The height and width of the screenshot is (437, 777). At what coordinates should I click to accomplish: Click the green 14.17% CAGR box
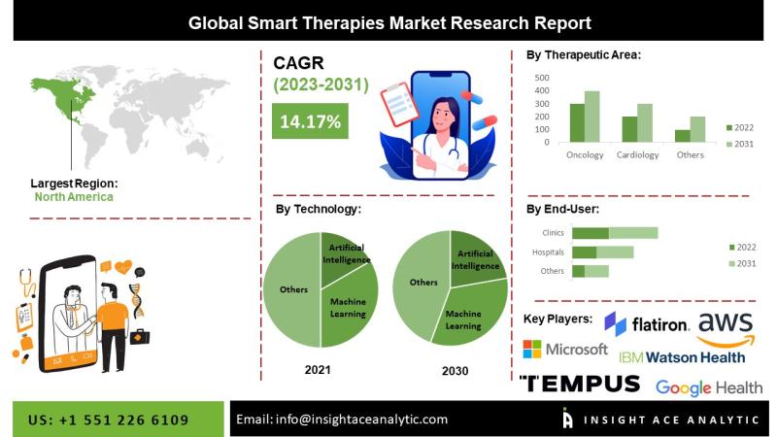tap(310, 121)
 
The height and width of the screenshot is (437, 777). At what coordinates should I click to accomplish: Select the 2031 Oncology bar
tap(591, 117)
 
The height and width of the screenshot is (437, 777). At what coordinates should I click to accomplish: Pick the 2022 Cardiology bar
tap(629, 129)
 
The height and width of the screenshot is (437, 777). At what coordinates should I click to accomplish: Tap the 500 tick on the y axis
tap(542, 78)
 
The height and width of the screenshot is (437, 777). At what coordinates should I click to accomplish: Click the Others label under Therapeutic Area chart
tap(690, 154)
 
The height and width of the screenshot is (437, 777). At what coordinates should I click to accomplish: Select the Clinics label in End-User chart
tap(553, 233)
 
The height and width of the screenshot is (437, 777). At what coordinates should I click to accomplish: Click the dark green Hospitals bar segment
tap(584, 252)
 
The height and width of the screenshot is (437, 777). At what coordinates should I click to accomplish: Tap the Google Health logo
tap(708, 387)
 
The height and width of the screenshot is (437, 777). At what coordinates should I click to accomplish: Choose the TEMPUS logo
tap(580, 384)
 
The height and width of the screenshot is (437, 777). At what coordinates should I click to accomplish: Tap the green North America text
tap(74, 197)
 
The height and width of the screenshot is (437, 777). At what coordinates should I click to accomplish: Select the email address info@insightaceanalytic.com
tap(342, 420)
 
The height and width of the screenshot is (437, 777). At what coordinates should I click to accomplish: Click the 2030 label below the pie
tap(454, 371)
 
